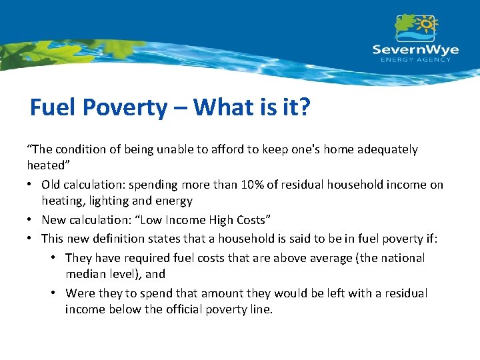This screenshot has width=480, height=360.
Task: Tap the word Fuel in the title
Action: (x=54, y=107)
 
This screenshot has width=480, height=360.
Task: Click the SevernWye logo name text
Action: (x=415, y=49)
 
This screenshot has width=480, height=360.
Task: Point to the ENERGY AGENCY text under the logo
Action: (x=415, y=60)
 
